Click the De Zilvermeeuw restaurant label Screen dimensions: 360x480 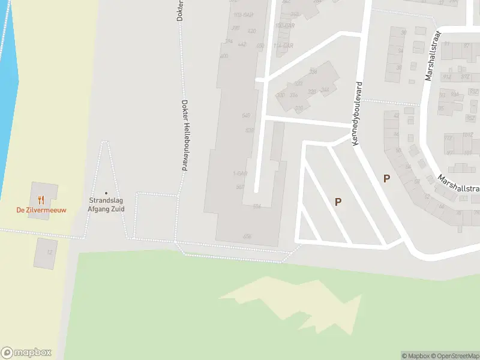click(x=41, y=210)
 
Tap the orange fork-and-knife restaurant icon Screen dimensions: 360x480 click(x=41, y=199)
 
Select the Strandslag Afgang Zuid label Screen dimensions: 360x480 click(x=107, y=205)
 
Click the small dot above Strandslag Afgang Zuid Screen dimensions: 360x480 click(x=107, y=193)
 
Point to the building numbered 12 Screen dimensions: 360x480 click(x=49, y=253)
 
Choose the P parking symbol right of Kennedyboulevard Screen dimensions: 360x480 click(x=387, y=178)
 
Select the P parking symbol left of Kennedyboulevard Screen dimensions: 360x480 click(x=338, y=202)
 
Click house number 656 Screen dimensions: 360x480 click(x=247, y=236)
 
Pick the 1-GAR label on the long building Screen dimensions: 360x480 click(x=240, y=174)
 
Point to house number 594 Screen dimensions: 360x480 click(x=257, y=206)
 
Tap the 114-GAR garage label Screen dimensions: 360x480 click(x=283, y=46)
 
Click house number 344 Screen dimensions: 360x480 click(x=325, y=90)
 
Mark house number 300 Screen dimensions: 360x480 click(x=280, y=95)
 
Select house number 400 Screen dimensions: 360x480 click(x=224, y=56)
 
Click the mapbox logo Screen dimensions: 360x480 click(x=26, y=352)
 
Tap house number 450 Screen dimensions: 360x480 click(x=260, y=46)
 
